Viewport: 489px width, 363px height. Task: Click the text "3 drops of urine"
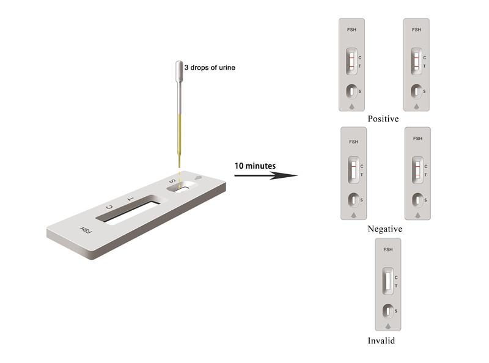click(x=210, y=67)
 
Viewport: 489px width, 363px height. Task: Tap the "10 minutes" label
click(x=255, y=166)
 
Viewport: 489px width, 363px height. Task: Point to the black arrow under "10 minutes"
click(x=266, y=175)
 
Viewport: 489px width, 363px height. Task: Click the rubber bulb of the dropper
click(x=179, y=70)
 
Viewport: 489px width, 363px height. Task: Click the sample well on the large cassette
click(x=182, y=187)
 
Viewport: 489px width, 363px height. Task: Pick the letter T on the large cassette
click(x=131, y=199)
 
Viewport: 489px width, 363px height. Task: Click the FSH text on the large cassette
click(x=86, y=230)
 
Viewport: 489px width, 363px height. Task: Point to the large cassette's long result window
click(x=128, y=209)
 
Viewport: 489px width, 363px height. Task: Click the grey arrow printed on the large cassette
click(x=198, y=178)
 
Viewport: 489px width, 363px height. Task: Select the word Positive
click(x=383, y=119)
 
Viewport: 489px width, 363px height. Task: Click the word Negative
click(x=385, y=229)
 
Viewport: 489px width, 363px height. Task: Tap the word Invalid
click(x=381, y=340)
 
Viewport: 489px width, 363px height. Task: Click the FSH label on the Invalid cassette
click(x=388, y=249)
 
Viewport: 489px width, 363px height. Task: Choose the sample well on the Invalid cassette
click(x=388, y=311)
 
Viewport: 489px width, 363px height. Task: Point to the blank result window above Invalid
click(x=388, y=281)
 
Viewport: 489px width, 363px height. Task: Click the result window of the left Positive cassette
click(x=351, y=62)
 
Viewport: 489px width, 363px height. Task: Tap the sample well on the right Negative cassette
click(x=417, y=200)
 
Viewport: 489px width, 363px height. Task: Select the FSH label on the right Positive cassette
click(x=416, y=29)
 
